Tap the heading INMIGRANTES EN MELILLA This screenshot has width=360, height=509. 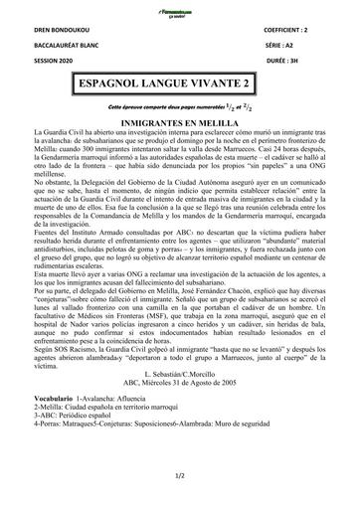point(180,120)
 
